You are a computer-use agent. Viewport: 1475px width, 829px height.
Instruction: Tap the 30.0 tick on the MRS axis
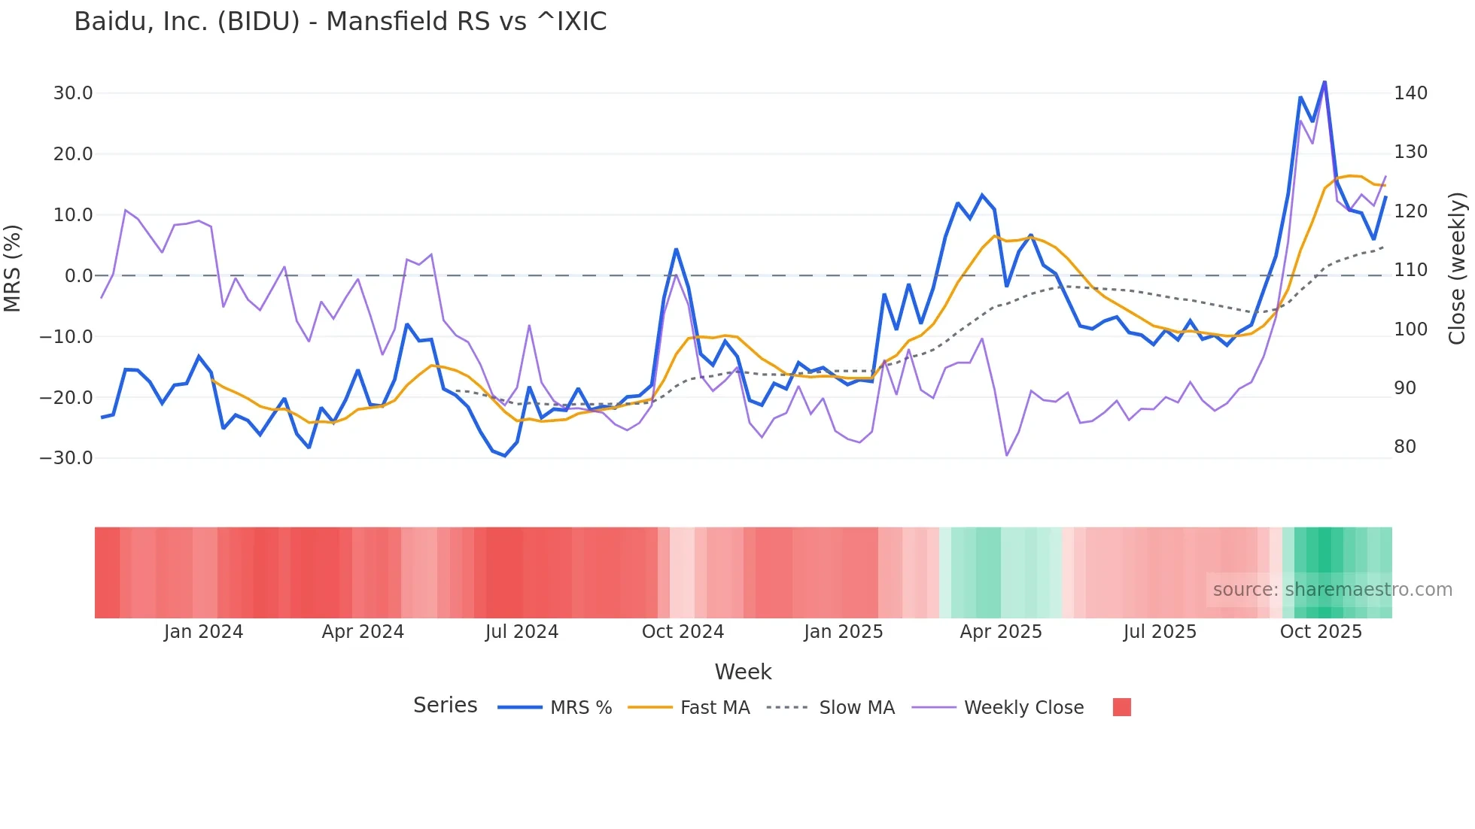[x=73, y=93]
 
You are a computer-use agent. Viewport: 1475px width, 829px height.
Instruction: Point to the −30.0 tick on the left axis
[x=66, y=458]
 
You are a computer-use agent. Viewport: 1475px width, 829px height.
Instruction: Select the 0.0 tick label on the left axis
[x=78, y=276]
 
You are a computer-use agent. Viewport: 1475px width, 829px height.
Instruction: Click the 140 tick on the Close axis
[x=1410, y=93]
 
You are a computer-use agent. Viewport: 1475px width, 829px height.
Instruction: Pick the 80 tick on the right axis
[x=1405, y=447]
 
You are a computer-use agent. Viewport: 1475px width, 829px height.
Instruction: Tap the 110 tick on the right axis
[x=1410, y=270]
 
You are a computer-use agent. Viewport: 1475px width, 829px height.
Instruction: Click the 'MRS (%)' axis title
[x=13, y=269]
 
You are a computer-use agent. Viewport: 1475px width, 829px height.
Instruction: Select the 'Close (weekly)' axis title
[x=1457, y=269]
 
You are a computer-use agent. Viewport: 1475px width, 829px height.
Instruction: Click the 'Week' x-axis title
[x=743, y=672]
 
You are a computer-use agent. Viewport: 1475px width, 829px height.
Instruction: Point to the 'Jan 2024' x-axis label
[x=203, y=632]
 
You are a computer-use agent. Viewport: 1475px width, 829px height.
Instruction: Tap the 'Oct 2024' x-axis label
[x=683, y=632]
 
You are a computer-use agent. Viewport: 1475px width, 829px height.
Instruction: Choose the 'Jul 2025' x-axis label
[x=1160, y=632]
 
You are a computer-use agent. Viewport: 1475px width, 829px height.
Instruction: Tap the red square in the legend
[x=1121, y=707]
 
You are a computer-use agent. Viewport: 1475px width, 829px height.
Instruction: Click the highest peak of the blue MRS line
[x=1324, y=82]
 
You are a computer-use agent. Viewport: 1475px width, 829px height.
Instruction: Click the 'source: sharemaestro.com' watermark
[x=1332, y=590]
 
